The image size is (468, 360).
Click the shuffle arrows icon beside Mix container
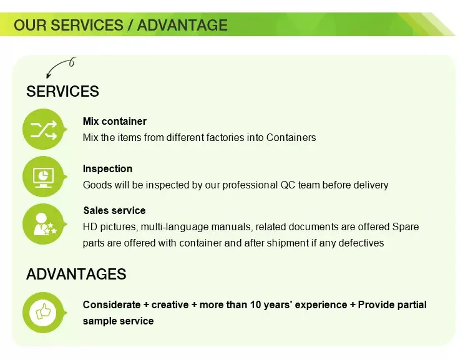(44, 130)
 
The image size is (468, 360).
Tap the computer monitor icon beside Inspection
(43, 177)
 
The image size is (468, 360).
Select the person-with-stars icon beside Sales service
(44, 224)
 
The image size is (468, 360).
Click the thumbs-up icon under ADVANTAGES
(43, 313)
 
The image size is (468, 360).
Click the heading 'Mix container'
(115, 121)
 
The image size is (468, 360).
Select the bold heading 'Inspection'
(107, 168)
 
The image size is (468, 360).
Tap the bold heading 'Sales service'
(114, 210)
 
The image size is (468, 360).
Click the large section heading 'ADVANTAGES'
(76, 274)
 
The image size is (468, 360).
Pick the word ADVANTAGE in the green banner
(182, 25)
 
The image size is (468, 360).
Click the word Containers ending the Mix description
(291, 138)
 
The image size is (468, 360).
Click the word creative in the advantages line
(170, 304)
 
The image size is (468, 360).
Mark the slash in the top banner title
(130, 25)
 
